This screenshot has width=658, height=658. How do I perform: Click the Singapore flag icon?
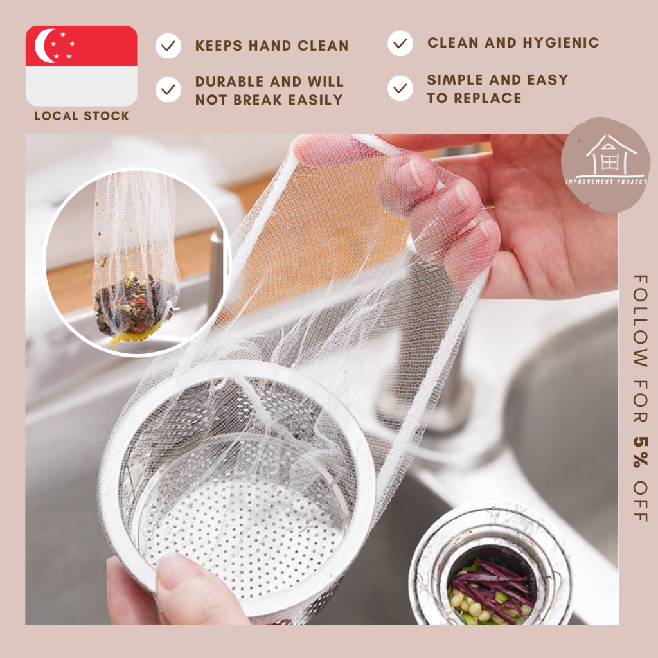(82, 66)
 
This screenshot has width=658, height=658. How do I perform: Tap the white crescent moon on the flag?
(43, 46)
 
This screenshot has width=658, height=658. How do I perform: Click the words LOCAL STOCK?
(82, 116)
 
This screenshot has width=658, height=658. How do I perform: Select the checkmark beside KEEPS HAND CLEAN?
(168, 46)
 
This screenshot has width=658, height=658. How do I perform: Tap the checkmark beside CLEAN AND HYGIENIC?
(400, 43)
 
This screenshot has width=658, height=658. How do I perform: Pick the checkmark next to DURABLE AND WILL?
(168, 89)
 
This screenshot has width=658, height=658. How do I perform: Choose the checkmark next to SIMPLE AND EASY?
(400, 88)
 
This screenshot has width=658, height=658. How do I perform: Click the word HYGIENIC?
(560, 42)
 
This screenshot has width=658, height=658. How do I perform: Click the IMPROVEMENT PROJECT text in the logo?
(607, 182)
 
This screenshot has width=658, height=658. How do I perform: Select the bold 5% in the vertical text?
(641, 452)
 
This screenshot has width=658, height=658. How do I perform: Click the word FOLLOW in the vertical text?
(641, 321)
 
